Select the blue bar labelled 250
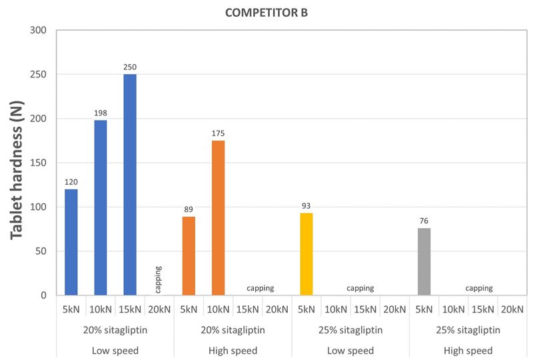[130, 185]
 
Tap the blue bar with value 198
[101, 207]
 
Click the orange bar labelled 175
[218, 218]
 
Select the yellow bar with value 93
[306, 254]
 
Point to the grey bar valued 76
[424, 261]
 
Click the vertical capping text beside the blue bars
[159, 278]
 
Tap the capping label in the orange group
[261, 289]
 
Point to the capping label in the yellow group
[360, 289]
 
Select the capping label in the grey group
[478, 289]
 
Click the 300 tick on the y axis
[38, 31]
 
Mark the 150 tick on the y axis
[38, 163]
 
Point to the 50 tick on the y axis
[41, 251]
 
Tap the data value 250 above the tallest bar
[130, 67]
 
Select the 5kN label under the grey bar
[424, 309]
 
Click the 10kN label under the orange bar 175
[218, 309]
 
